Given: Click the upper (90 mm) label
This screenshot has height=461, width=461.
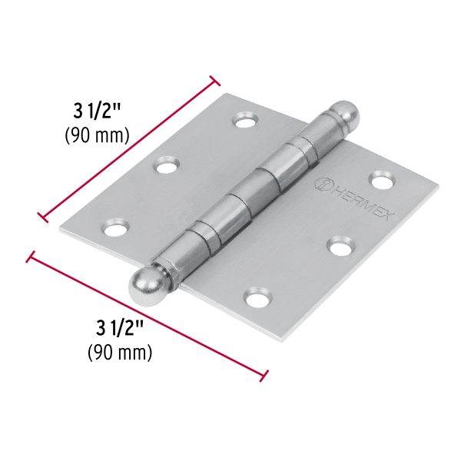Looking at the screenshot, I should coord(95,135).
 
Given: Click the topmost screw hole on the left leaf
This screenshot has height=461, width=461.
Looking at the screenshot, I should coord(247,121).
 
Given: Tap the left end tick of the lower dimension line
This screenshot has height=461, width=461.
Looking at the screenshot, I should coord(31,256).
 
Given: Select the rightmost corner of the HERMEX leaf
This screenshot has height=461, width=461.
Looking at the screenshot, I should coord(439,185).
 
